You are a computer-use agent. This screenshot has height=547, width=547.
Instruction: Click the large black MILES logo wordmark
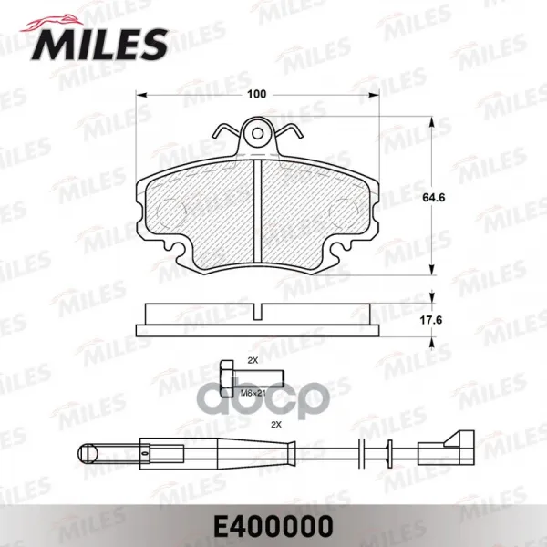100,45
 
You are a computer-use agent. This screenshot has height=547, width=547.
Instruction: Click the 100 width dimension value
256,94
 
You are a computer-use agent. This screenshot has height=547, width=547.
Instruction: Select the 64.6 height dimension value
434,198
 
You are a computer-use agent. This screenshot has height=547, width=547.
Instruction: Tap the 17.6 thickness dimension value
432,320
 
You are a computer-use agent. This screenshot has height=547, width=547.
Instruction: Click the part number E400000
273,526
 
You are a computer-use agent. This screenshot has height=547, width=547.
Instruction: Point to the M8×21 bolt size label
253,393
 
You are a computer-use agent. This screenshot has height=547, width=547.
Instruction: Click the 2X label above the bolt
253,361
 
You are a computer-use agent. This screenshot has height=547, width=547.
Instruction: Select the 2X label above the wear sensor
276,425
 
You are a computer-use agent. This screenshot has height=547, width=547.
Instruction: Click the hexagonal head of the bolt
227,379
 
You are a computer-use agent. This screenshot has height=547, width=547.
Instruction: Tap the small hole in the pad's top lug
258,134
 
